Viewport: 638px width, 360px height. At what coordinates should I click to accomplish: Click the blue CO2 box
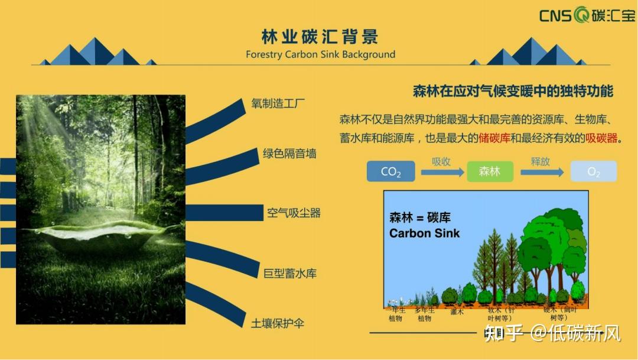pos(390,171)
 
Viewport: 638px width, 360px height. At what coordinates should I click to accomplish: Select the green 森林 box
pos(490,171)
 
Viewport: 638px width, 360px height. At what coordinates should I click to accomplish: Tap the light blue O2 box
pos(593,171)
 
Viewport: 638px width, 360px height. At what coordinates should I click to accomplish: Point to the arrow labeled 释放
pos(541,172)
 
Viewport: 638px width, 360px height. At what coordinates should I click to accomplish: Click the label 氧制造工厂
pos(278,104)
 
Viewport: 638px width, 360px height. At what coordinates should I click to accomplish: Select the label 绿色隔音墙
pos(289,154)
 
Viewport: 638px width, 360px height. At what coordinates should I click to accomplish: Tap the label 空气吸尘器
pos(294,213)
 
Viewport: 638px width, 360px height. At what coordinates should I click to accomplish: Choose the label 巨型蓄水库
pos(290,273)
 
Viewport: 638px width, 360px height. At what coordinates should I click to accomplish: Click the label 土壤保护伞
pos(278,323)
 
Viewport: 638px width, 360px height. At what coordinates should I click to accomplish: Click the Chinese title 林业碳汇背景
pos(320,37)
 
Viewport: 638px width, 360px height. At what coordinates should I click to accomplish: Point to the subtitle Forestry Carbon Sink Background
pos(320,54)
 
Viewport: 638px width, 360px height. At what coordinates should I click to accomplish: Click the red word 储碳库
pos(494,138)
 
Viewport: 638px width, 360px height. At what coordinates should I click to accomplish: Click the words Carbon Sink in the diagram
pos(424,233)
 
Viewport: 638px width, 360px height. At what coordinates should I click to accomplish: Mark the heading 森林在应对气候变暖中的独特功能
pos(513,91)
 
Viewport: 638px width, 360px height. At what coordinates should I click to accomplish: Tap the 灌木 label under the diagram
pos(457,312)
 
